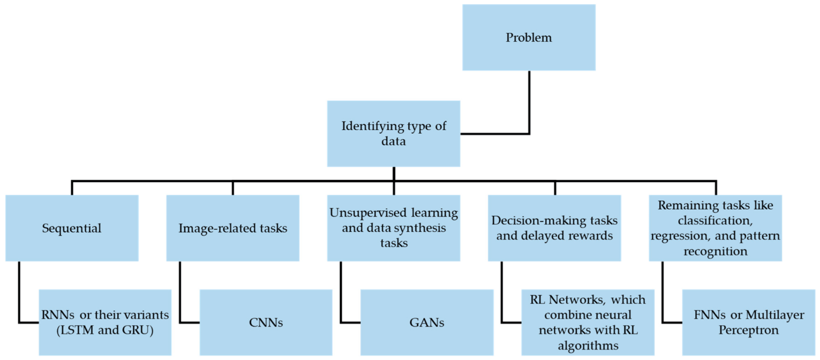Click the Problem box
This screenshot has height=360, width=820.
(529, 37)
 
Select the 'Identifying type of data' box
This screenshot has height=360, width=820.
(394, 133)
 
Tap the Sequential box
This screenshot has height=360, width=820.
(72, 228)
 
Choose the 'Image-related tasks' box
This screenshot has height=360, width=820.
(232, 228)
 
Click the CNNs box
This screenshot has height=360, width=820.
(266, 322)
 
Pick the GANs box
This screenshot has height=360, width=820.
(426, 322)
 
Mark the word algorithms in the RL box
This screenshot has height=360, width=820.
(588, 346)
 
